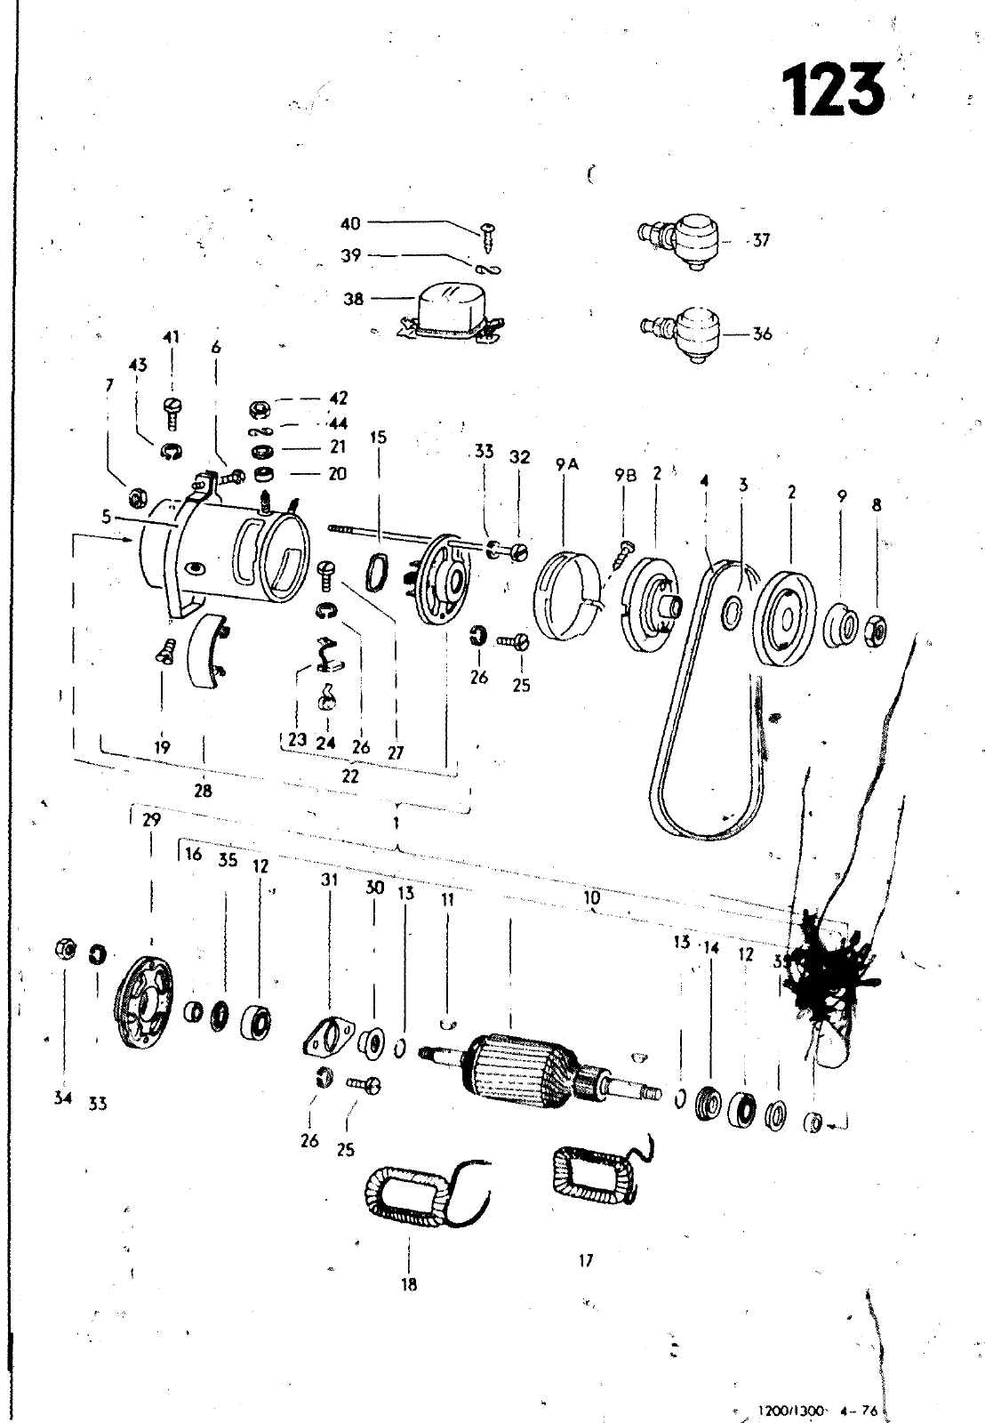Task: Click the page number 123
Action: tap(833, 90)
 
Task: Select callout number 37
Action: tap(761, 240)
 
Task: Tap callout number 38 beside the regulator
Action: tap(354, 300)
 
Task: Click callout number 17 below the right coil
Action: tap(585, 1260)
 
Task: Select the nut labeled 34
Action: tap(64, 950)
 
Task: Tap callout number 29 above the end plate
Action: tap(151, 819)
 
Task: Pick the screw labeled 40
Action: tap(489, 233)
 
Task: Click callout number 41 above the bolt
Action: tap(171, 337)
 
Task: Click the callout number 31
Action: tap(330, 880)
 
